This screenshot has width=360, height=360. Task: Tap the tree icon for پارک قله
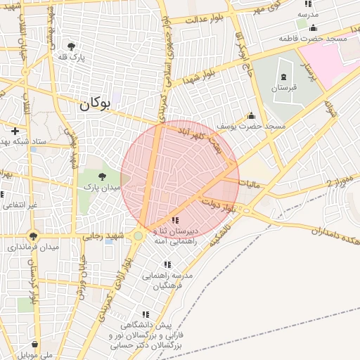(71, 46)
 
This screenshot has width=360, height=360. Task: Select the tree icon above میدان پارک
(102, 176)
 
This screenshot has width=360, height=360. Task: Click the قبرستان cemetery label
(284, 89)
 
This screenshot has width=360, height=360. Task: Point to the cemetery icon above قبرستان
(284, 77)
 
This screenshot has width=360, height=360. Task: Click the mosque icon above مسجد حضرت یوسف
(250, 116)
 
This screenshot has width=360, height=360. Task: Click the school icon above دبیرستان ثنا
(174, 220)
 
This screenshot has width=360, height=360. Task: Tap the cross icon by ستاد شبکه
(15, 131)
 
